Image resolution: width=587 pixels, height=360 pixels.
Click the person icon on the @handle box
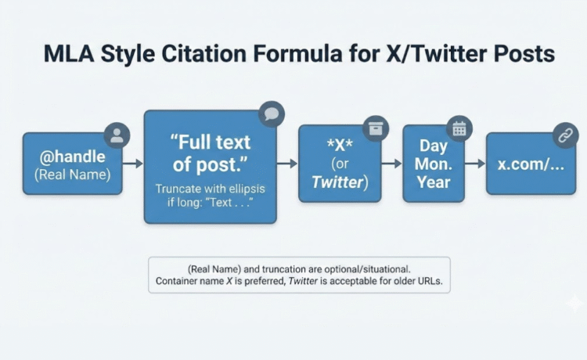pos(117,135)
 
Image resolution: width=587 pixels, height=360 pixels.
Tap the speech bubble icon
pos(272,114)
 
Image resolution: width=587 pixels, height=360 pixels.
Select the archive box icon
pos(376,128)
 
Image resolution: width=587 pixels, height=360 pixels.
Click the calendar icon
pos(459,128)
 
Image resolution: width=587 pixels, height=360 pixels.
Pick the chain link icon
pos(566,135)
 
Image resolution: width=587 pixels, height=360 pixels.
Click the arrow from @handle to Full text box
pos(132,163)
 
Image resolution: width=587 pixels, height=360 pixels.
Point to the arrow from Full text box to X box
pos(287,163)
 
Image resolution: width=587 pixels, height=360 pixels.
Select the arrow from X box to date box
pos(391,164)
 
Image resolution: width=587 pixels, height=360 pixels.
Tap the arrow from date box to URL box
pos(475,164)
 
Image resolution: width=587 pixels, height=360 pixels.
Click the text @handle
pos(72,157)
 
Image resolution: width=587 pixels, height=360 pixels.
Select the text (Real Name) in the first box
pos(73,175)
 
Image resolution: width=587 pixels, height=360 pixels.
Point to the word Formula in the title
pos(297,53)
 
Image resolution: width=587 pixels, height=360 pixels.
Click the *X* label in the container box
pos(340,145)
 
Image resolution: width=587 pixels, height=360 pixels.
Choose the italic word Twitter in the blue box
pos(337,182)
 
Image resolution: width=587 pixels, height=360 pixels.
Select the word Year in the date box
pos(434,182)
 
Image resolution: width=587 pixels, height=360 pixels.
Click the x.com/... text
pos(531,164)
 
